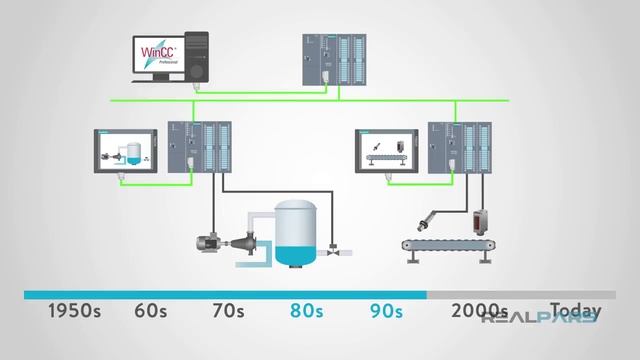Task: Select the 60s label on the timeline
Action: point(151,311)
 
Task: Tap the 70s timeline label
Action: point(228,311)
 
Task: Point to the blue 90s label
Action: point(385,311)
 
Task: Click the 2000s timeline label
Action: point(479,311)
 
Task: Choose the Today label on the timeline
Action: point(574,311)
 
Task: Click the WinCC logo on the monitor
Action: point(157,50)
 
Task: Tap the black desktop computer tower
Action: point(197,57)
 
